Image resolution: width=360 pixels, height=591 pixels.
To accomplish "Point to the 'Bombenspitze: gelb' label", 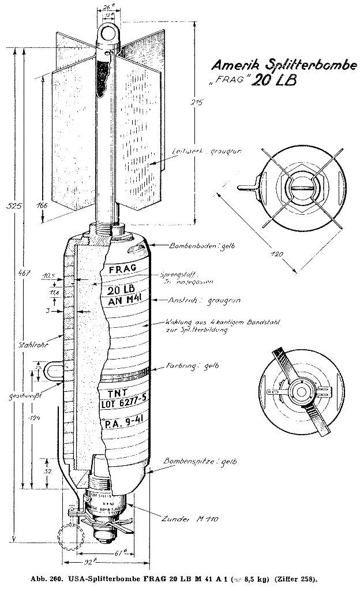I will (200, 462).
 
